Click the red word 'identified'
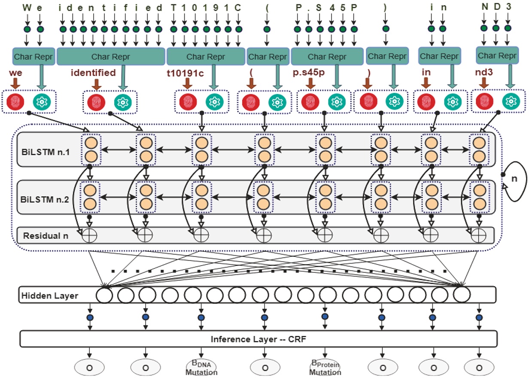pos(93,73)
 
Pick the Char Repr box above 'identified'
pos(111,56)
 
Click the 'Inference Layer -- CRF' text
pos(258,339)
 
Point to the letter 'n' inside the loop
pos(518,178)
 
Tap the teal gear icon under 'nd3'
pos(511,101)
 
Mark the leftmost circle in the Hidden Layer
pos(104,295)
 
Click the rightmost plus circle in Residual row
pos(478,235)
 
